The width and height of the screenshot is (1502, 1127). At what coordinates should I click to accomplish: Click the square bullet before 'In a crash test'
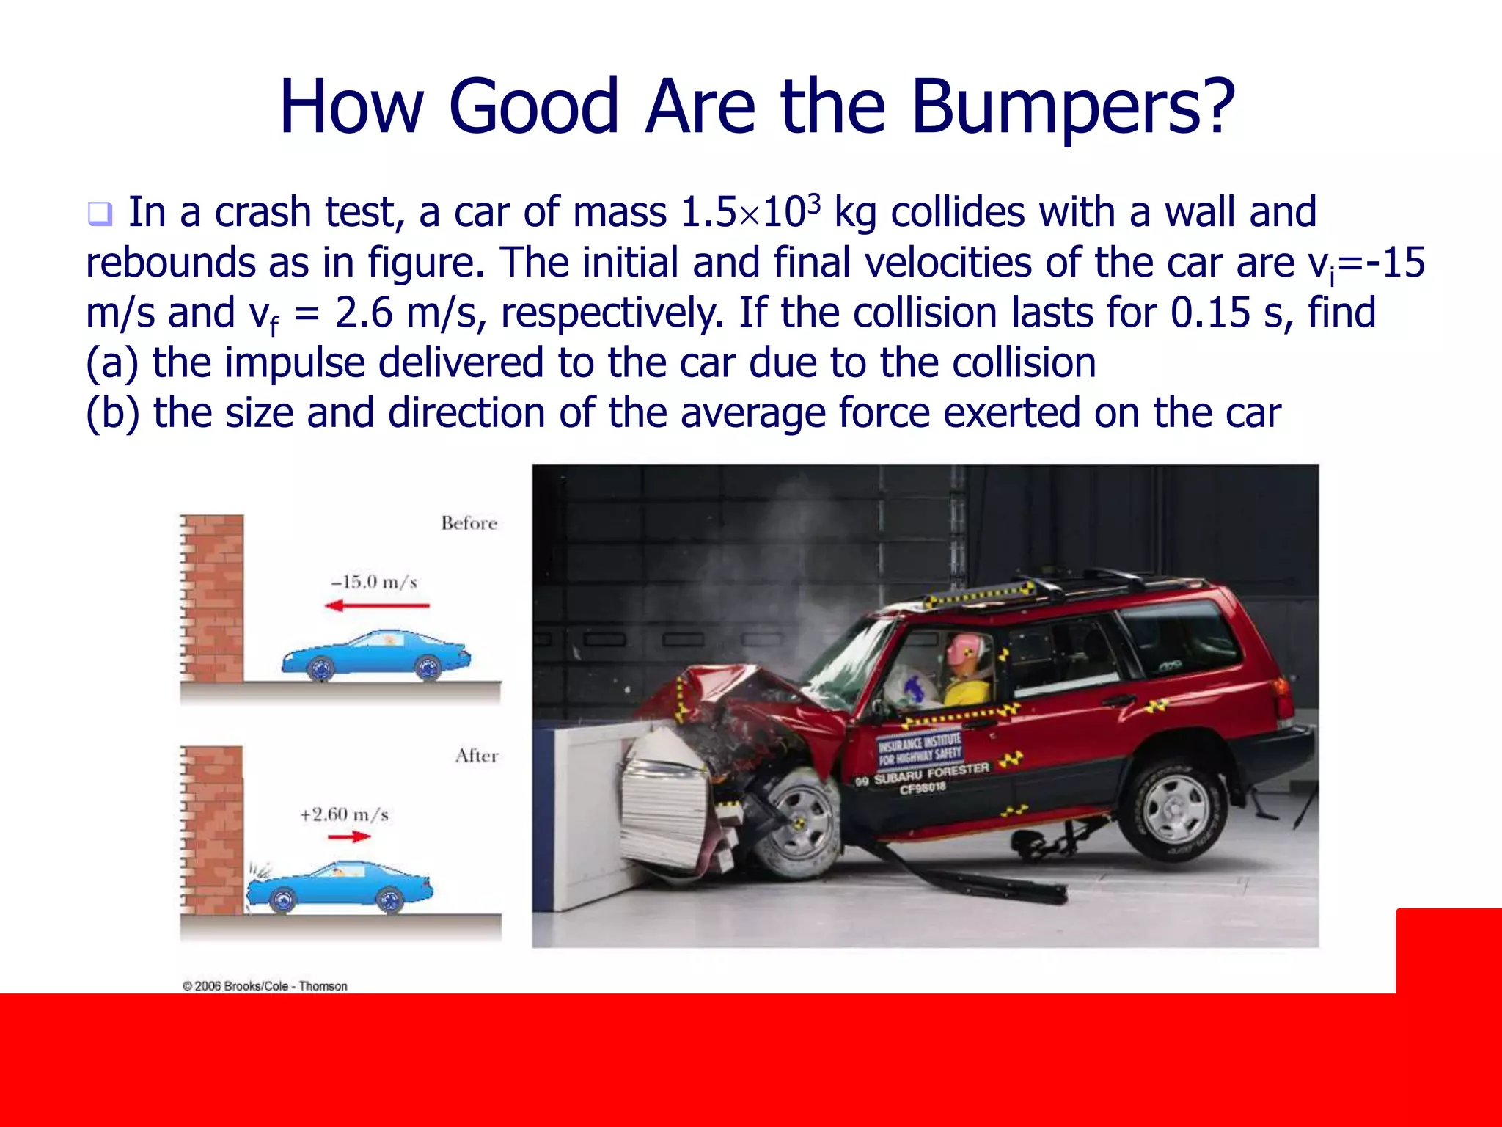[99, 214]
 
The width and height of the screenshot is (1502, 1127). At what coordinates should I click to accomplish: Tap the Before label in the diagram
[469, 523]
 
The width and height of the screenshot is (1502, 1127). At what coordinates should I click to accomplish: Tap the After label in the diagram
[477, 756]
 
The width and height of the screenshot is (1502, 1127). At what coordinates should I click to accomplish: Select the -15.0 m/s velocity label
[374, 583]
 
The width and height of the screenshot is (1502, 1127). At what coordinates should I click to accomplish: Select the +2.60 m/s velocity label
[344, 814]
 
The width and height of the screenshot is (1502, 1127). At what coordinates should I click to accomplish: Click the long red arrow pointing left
[377, 605]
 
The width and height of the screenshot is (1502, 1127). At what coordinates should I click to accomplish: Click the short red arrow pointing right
[349, 836]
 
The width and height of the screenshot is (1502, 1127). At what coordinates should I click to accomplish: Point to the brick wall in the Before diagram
[213, 598]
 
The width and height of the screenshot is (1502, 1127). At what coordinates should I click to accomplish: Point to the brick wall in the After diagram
[213, 829]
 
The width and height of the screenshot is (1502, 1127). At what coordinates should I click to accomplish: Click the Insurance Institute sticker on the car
[920, 747]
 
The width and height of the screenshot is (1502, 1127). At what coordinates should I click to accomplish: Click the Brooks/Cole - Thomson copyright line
[265, 986]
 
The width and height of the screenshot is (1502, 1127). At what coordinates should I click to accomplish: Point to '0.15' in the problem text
[1210, 313]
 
